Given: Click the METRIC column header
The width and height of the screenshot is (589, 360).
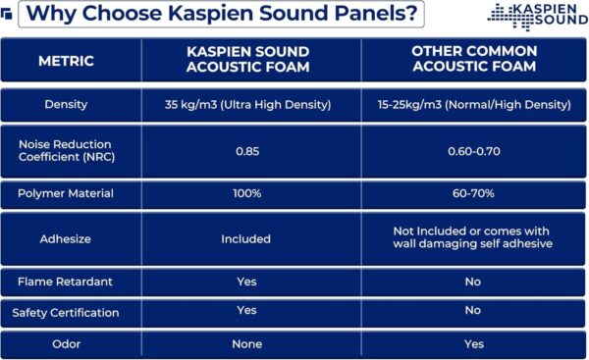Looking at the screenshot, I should (x=66, y=61).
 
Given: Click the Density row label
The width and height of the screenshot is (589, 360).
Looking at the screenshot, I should (x=66, y=104).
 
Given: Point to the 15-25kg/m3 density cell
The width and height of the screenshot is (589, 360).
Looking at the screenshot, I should (x=474, y=104).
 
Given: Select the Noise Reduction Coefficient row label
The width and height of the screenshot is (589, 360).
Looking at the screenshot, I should (x=66, y=151).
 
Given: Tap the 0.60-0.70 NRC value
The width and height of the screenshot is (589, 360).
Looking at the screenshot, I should (x=474, y=151).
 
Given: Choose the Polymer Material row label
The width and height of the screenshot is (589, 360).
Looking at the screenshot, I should (x=66, y=194).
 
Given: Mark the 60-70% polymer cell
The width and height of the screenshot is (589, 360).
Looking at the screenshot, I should (x=474, y=194).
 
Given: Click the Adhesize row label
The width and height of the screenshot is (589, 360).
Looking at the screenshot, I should (x=66, y=238).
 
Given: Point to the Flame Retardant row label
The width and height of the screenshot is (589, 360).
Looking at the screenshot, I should (x=66, y=282).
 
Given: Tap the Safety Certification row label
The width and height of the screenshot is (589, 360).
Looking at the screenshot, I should (x=66, y=313).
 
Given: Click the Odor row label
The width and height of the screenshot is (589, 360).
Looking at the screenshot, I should (x=66, y=344).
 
